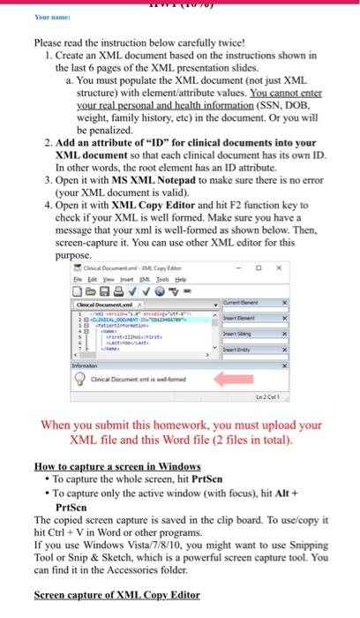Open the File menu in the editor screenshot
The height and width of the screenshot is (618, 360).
pyautogui.click(x=79, y=282)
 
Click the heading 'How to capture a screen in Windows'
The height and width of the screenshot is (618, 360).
pyautogui.click(x=117, y=464)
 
